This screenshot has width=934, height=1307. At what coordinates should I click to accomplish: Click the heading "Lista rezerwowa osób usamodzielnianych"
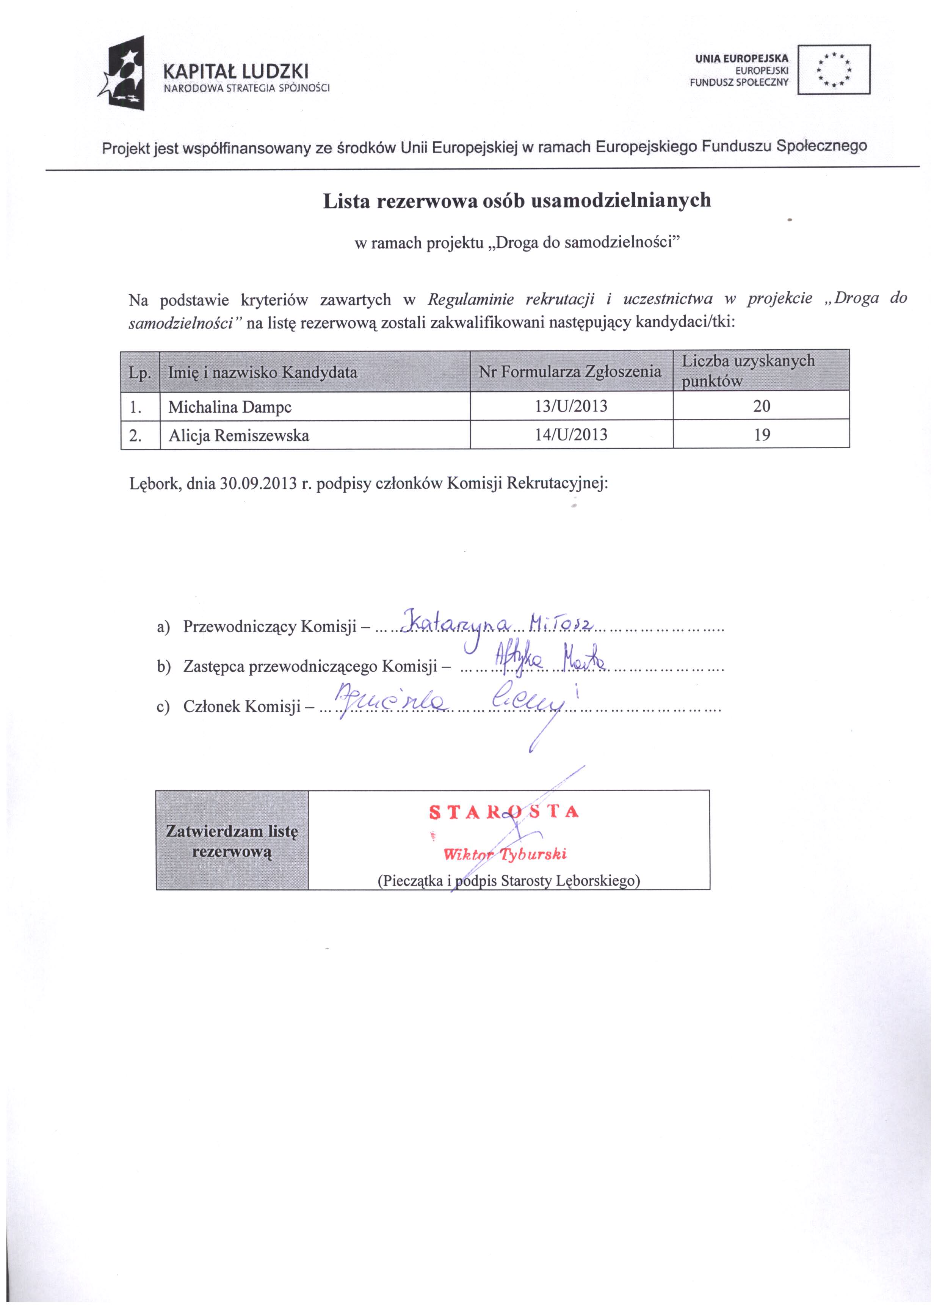516,201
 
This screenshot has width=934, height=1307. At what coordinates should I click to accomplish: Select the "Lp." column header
140,373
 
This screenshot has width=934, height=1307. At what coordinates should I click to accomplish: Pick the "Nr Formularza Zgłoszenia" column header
570,372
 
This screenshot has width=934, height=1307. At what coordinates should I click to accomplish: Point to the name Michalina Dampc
229,407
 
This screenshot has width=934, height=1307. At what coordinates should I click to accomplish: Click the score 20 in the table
762,406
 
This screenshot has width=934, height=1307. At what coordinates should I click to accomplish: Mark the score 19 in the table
762,435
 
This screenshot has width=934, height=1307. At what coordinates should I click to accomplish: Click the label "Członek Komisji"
243,706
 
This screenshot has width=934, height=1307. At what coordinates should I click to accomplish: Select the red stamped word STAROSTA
504,812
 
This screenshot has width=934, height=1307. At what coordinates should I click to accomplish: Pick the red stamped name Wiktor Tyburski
505,854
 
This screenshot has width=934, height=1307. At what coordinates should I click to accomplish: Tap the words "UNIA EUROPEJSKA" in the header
743,58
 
